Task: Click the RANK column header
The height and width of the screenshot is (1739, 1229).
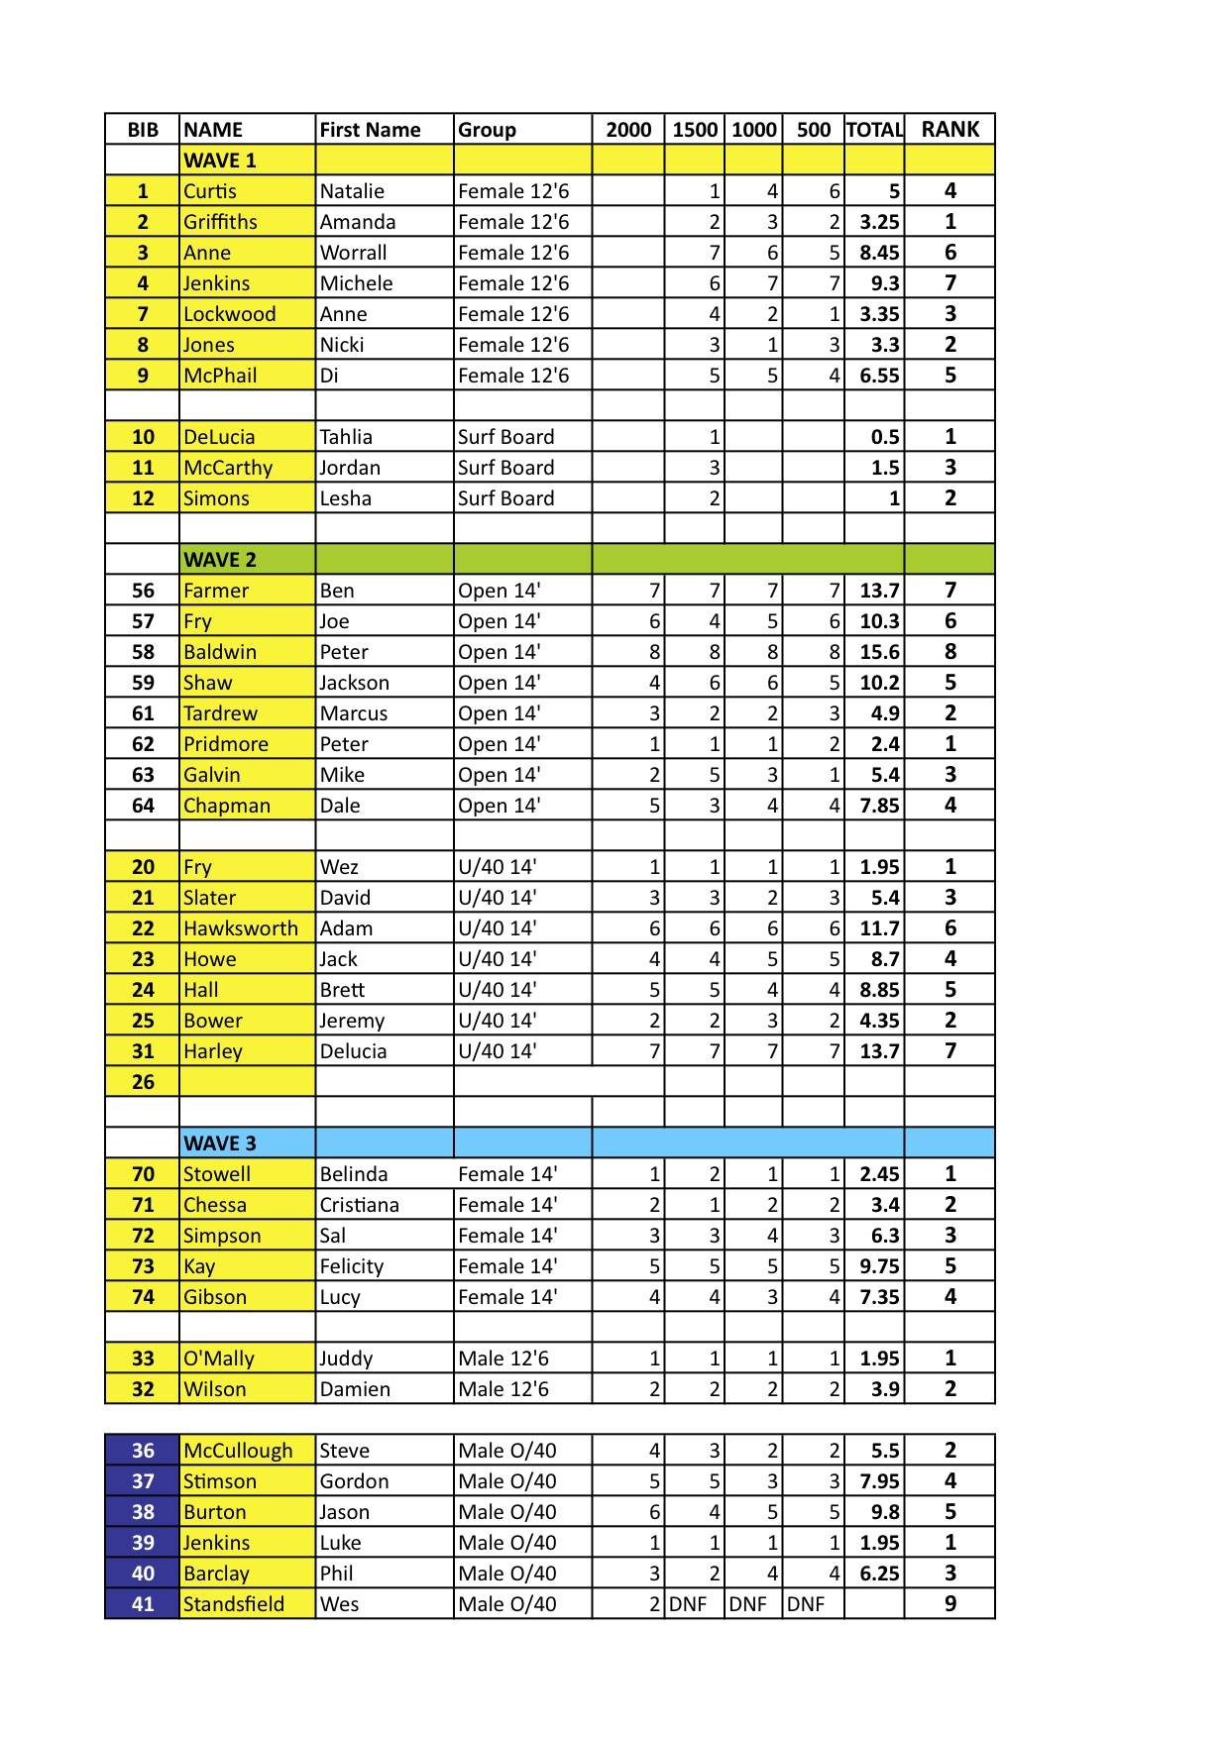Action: coord(950,129)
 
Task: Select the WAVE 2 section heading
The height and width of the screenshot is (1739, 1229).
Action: coord(220,559)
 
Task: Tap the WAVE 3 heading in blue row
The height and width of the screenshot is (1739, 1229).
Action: coord(220,1142)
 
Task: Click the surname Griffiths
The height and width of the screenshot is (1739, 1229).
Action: coord(220,222)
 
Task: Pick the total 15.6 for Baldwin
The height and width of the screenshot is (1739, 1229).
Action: coord(879,652)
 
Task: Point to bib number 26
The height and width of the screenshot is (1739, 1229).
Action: coord(143,1082)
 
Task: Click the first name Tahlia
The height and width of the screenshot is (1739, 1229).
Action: coord(346,437)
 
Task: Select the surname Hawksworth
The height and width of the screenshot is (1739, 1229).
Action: coord(241,928)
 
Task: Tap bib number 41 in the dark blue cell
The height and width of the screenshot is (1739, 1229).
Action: coord(143,1603)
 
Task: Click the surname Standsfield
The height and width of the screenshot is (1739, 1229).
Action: coord(234,1603)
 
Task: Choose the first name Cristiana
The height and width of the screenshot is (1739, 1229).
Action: coord(359,1205)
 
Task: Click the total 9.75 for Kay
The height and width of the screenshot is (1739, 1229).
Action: coord(879,1266)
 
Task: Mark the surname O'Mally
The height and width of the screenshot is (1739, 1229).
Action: coord(219,1359)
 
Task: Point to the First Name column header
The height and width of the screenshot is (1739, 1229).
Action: coord(370,130)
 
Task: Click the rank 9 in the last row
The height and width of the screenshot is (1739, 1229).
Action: coord(950,1603)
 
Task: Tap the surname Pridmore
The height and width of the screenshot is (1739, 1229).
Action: coord(226,744)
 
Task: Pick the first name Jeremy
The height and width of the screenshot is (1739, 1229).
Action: coord(351,1021)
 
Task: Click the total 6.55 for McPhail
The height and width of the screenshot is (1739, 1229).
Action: coord(879,376)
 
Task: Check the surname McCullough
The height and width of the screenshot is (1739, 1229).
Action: coord(238,1451)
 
